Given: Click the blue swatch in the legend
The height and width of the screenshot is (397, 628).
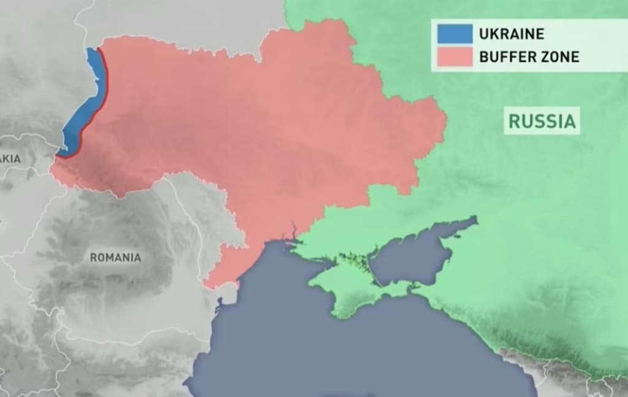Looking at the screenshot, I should point(454,33).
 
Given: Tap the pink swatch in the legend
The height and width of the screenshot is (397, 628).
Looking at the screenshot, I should point(454,56).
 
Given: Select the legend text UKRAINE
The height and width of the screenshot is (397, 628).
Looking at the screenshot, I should point(513,34).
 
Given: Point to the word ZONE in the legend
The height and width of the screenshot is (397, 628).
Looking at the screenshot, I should point(559,57).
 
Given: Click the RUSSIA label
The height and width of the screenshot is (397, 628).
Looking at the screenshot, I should point(543,121).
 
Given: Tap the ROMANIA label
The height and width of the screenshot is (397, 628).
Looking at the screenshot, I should point(115,257).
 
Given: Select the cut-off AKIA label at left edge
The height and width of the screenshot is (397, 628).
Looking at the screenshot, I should point(10,158).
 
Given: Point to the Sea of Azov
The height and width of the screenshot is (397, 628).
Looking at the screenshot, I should point(417,252).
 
